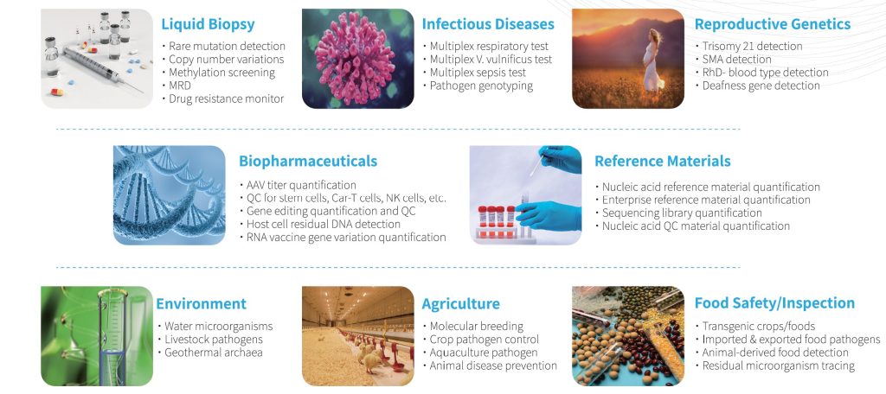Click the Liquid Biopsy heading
pyautogui.click(x=208, y=24)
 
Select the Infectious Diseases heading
pyautogui.click(x=488, y=24)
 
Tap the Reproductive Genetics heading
pyautogui.click(x=773, y=24)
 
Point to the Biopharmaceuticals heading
pyautogui.click(x=308, y=161)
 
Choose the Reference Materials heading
pyautogui.click(x=662, y=161)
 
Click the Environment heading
pyautogui.click(x=201, y=303)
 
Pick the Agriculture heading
pyautogui.click(x=460, y=303)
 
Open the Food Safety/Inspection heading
pyautogui.click(x=774, y=303)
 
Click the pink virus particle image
pyautogui.click(x=355, y=58)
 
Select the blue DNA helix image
pyautogui.click(x=169, y=194)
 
